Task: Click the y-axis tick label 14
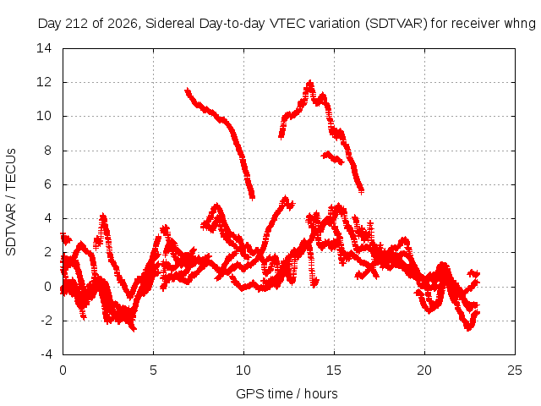[x=44, y=48]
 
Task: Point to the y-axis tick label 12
[x=44, y=82]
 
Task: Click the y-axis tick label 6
[x=47, y=184]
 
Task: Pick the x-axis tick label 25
[x=515, y=370]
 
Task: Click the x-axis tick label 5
[x=153, y=370]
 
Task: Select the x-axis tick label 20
[x=424, y=370]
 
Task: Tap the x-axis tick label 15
[x=334, y=370]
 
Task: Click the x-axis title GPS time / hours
[x=287, y=393]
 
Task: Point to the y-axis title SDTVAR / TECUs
[x=11, y=202]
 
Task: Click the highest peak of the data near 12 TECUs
[x=310, y=83]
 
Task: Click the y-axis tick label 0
[x=47, y=287]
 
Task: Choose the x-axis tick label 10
[x=243, y=370]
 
